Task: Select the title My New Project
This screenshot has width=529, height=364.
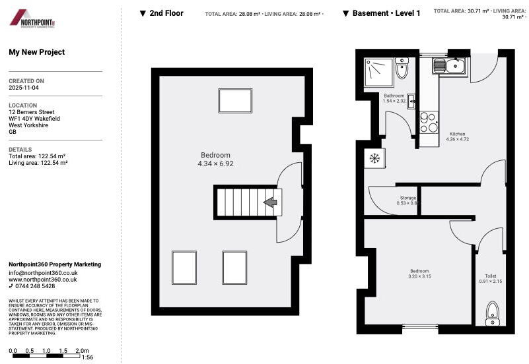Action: pos(37,53)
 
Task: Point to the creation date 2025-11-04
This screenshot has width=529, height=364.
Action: pos(24,88)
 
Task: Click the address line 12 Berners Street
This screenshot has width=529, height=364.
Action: pos(32,113)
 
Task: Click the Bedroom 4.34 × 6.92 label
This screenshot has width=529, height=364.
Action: pos(217,160)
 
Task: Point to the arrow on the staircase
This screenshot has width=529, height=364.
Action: pos(270,202)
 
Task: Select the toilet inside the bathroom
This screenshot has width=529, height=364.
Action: pos(402,69)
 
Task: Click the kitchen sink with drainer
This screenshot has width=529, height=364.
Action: pos(450,65)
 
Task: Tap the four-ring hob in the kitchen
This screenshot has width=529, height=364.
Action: pos(429,121)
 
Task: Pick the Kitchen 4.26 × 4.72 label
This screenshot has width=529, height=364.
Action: pos(457,136)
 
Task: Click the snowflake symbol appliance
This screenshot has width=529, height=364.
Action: pos(374,158)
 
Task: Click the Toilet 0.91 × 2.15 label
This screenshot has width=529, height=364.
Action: pos(490,279)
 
